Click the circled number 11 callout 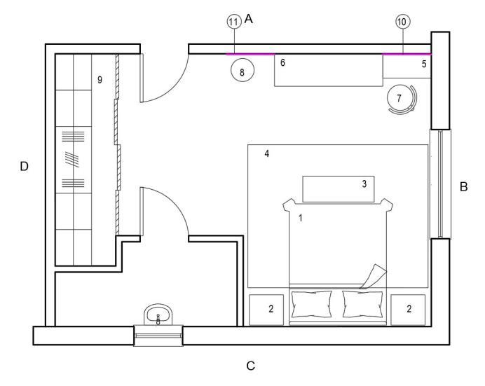(233, 22)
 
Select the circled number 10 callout (402, 22)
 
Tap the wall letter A (248, 20)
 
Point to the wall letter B (463, 187)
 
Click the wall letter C (250, 365)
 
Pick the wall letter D (24, 166)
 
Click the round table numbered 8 (242, 71)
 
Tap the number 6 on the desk (282, 63)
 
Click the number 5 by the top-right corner (423, 64)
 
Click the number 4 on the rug (267, 153)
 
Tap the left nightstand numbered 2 (267, 309)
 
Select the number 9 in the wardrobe (100, 81)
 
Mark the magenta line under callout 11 (250, 53)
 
